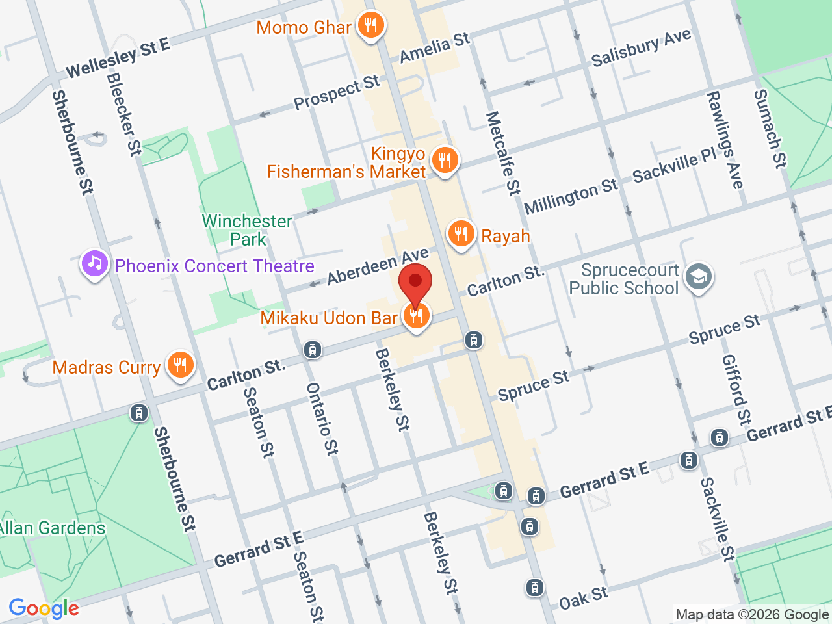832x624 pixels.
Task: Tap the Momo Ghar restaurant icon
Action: click(x=371, y=26)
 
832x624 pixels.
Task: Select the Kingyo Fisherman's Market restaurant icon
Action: click(x=445, y=159)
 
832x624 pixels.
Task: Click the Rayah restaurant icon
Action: click(x=461, y=233)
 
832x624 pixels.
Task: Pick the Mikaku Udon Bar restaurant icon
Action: click(x=416, y=316)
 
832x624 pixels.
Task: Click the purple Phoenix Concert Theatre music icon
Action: click(x=95, y=264)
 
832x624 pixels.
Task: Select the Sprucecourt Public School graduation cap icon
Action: click(x=699, y=277)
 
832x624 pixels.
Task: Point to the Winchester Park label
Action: click(x=248, y=230)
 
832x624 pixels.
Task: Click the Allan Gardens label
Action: click(x=52, y=528)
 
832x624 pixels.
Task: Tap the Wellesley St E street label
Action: click(x=118, y=57)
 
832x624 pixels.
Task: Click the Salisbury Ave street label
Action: click(x=641, y=47)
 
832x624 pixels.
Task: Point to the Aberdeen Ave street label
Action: click(x=378, y=266)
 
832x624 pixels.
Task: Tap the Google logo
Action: click(x=44, y=609)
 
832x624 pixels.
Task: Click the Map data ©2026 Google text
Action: click(x=752, y=614)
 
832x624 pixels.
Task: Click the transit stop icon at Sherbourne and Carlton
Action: click(x=138, y=413)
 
